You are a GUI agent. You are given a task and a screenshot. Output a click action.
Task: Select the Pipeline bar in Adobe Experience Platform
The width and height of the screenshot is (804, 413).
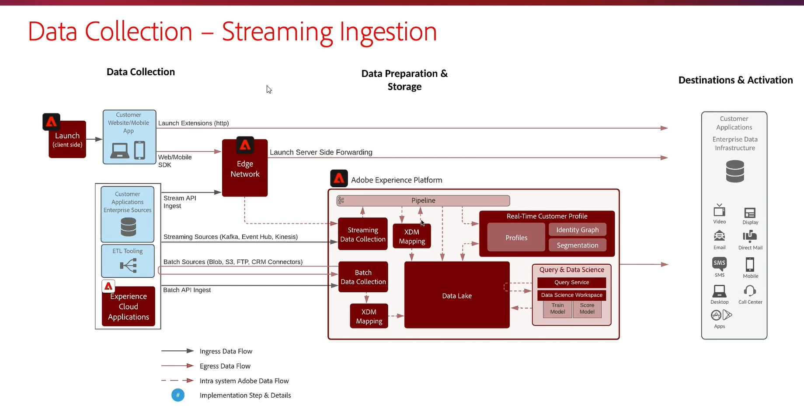[x=423, y=200]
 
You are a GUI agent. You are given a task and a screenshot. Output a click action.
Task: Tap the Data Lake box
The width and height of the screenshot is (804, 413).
[x=457, y=296]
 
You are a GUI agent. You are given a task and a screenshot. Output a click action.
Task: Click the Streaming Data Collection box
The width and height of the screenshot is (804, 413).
[x=363, y=234]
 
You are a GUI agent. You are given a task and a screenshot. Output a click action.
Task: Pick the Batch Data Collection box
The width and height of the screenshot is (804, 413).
[x=363, y=277]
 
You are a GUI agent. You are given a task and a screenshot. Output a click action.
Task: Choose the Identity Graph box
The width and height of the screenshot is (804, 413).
[x=577, y=230]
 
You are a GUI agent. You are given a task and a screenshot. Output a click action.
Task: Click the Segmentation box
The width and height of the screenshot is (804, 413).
[x=577, y=245]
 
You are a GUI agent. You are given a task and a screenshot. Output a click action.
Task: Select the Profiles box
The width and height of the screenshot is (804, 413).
[x=516, y=238]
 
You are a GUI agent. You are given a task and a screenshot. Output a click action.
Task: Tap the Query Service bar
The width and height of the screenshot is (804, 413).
[x=571, y=283]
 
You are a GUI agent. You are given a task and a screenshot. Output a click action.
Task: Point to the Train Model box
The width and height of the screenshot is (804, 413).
[x=557, y=309]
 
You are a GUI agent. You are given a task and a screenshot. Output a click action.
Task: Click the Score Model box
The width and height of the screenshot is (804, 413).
[x=587, y=309]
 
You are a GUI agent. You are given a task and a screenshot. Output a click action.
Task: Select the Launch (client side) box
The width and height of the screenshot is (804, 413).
[x=67, y=140]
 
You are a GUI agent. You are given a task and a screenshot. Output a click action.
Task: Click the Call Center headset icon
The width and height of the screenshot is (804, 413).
[x=750, y=291]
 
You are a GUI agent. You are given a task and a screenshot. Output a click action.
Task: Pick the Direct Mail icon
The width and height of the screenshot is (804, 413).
[x=750, y=236]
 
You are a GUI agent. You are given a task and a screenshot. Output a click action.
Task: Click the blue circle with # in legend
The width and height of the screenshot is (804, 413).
[x=178, y=395]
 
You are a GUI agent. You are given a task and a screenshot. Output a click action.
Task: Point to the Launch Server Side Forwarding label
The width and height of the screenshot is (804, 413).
[x=321, y=152]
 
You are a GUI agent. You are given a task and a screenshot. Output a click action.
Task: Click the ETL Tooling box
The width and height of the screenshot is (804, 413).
[x=128, y=261]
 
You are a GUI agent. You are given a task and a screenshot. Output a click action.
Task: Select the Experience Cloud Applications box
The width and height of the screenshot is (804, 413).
[x=129, y=306]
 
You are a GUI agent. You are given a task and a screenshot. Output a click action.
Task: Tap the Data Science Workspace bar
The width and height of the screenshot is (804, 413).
[x=571, y=295]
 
